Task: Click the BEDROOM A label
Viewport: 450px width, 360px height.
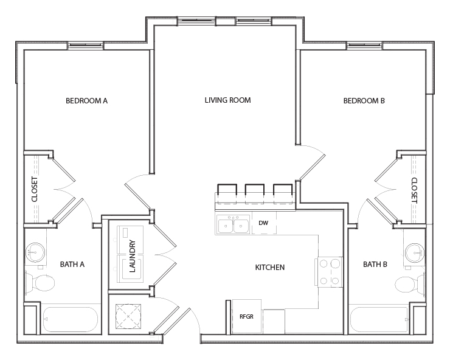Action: [x=86, y=101]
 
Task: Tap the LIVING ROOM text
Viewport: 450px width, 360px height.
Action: [x=227, y=100]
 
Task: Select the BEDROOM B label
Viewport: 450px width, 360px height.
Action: [x=364, y=101]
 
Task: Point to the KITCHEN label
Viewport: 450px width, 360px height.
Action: [x=270, y=267]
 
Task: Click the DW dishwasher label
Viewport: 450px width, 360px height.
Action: [x=263, y=223]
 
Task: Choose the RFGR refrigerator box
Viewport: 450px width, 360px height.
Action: [x=246, y=316]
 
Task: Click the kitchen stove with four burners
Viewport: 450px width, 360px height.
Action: [x=328, y=272]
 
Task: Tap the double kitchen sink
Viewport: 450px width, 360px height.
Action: [x=233, y=226]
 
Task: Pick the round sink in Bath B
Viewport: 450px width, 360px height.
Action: [x=415, y=251]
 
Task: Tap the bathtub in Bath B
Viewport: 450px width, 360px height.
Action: [x=378, y=319]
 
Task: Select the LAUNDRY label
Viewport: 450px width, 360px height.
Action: [x=133, y=256]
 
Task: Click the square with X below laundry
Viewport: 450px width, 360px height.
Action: [x=128, y=315]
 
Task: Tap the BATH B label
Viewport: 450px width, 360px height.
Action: [x=375, y=264]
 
